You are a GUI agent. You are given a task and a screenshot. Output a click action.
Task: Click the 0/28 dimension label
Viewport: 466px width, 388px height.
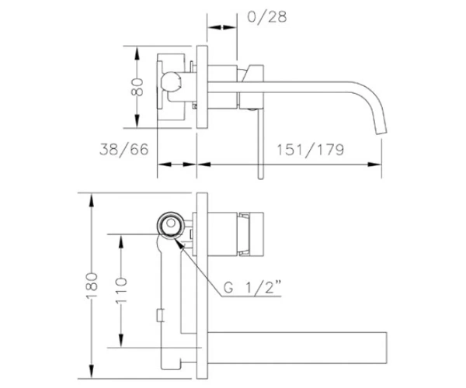(x=267, y=17)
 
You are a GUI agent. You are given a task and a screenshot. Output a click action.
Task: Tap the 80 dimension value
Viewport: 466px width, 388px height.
(x=137, y=87)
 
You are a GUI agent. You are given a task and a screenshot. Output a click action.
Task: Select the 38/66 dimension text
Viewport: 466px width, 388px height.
(x=124, y=149)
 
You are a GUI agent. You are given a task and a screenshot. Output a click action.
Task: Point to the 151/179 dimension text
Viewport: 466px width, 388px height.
(x=310, y=150)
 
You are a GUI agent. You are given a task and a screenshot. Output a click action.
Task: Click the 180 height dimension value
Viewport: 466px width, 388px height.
(x=92, y=286)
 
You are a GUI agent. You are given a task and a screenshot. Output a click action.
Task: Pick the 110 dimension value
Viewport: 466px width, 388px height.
(x=120, y=290)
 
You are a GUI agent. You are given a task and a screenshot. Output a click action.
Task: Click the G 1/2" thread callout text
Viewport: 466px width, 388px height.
(x=252, y=287)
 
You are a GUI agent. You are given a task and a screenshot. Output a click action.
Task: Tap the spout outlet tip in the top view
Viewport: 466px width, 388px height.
(x=382, y=132)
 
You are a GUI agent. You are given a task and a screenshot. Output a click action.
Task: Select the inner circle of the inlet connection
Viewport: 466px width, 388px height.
(x=171, y=223)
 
